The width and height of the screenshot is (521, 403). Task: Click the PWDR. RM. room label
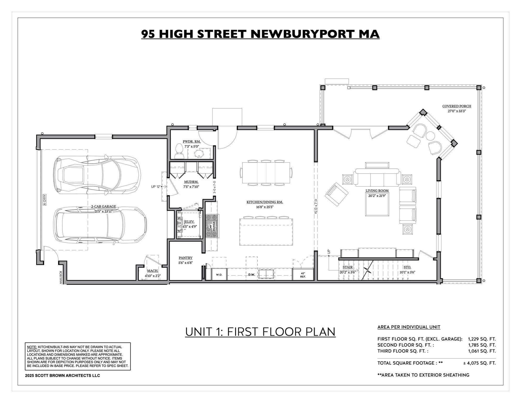pyautogui.click(x=192, y=142)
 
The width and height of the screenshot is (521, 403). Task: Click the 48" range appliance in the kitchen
pyautogui.click(x=212, y=226)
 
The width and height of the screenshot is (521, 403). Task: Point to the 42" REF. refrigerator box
pyautogui.click(x=303, y=275)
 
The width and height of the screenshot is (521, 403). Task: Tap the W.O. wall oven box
pyautogui.click(x=219, y=275)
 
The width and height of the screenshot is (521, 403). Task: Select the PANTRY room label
pyautogui.click(x=186, y=258)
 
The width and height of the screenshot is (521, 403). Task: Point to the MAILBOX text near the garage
pyautogui.click(x=61, y=277)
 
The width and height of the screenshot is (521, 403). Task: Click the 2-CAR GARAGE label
pyautogui.click(x=104, y=206)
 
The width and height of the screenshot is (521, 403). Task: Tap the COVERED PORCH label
pyautogui.click(x=457, y=106)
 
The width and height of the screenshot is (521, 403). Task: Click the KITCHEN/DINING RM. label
pyautogui.click(x=264, y=202)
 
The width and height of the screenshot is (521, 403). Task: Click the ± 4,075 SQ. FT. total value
pyautogui.click(x=479, y=363)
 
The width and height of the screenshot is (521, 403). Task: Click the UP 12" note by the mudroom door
pyautogui.click(x=156, y=187)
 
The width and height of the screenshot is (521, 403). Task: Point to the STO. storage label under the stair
pyautogui.click(x=407, y=267)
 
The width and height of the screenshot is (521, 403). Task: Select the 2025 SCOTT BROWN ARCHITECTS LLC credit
pyautogui.click(x=62, y=375)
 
